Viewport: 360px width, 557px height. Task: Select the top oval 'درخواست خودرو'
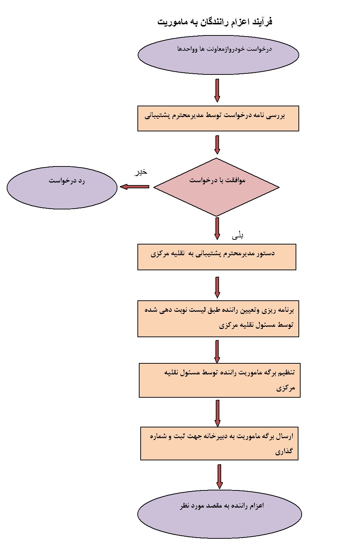[x=218, y=55]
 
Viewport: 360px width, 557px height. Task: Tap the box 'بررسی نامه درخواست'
[x=218, y=118]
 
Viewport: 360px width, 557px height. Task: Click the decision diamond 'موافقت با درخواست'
[x=217, y=187]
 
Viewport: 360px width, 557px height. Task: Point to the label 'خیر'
[x=140, y=172]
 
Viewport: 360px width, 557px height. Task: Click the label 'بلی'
[x=238, y=236]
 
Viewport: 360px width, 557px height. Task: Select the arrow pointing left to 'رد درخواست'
[x=135, y=187]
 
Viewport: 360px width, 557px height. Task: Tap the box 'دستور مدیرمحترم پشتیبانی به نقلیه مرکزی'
[x=217, y=257]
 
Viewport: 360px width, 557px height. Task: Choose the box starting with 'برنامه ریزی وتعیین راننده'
[x=218, y=319]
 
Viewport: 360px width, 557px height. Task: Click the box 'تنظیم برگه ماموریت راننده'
[x=219, y=380]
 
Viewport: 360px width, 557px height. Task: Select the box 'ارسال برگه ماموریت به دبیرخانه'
[x=219, y=443]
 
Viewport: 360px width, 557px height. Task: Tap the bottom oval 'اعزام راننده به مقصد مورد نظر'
[x=219, y=514]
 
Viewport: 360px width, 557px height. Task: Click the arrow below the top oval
[x=217, y=90]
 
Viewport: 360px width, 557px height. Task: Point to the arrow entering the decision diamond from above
[x=217, y=145]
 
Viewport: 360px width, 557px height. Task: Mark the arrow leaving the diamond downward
[x=217, y=228]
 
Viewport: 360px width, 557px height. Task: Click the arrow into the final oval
[x=219, y=476]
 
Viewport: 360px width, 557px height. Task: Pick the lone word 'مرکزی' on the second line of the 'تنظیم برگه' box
[x=286, y=388]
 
